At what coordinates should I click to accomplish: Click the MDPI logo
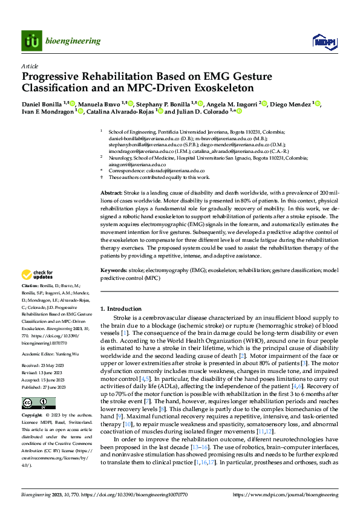pos(324,41)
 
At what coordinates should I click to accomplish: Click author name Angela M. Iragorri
pos(232,104)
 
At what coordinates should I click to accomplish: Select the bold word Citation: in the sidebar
pos(31,284)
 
